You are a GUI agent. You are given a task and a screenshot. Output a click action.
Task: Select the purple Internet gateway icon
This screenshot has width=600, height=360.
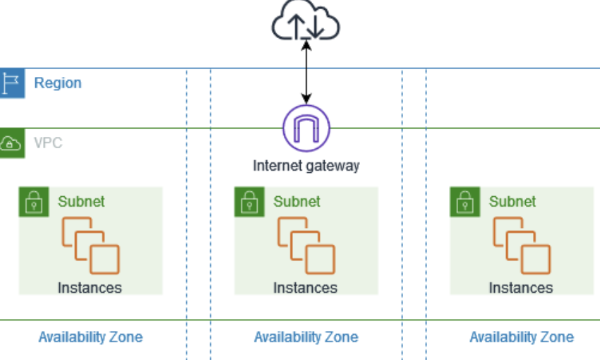pyautogui.click(x=306, y=128)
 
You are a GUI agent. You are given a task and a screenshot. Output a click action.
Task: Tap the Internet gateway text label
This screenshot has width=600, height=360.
pyautogui.click(x=306, y=166)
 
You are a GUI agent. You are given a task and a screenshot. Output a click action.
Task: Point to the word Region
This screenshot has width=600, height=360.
pyautogui.click(x=58, y=83)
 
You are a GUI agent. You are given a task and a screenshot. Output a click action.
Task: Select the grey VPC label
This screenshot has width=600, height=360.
pyautogui.click(x=48, y=143)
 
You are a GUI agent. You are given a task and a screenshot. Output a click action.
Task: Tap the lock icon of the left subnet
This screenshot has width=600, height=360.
pyautogui.click(x=32, y=201)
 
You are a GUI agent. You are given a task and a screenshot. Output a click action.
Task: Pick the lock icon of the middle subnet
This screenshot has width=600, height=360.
pyautogui.click(x=248, y=201)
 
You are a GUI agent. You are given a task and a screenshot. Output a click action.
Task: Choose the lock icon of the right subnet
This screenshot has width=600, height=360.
pyautogui.click(x=464, y=201)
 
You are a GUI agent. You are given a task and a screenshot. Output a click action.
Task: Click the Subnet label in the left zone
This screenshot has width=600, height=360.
pyautogui.click(x=81, y=201)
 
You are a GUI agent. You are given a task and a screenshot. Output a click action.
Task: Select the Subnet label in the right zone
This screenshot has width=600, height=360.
pyautogui.click(x=512, y=201)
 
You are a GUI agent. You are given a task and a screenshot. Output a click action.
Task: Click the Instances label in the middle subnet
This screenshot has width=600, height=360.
pyautogui.click(x=305, y=288)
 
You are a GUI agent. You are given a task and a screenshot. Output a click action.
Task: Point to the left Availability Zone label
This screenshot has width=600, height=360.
pyautogui.click(x=90, y=337)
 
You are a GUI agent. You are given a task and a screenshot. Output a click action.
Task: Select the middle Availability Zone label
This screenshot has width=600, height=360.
pyautogui.click(x=306, y=337)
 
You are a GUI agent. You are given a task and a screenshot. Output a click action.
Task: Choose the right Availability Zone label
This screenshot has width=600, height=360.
pyautogui.click(x=522, y=337)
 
